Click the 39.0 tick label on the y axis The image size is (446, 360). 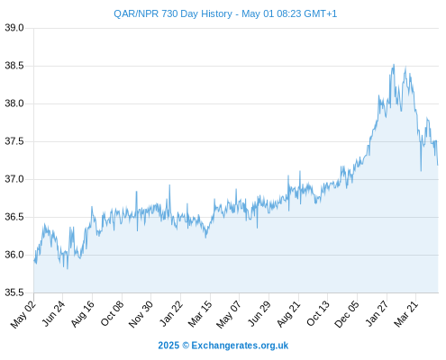(x=14, y=28)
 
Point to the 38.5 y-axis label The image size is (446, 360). (x=14, y=66)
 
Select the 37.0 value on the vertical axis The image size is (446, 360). (x=14, y=179)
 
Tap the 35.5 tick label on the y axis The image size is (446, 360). (x=14, y=292)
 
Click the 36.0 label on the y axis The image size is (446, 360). (x=14, y=255)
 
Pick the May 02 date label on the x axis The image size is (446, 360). (x=23, y=314)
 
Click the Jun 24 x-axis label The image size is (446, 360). (x=52, y=314)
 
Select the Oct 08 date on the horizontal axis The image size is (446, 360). (x=112, y=314)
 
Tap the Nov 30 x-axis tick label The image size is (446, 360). (x=141, y=314)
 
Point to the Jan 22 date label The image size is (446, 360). (x=170, y=314)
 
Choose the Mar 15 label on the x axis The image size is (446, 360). (x=200, y=314)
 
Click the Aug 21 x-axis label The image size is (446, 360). (x=288, y=314)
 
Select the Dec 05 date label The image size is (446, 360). (x=346, y=314)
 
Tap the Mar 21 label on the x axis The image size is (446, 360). (x=405, y=314)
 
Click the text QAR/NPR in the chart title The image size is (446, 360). (x=136, y=13)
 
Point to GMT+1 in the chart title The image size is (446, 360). (x=320, y=13)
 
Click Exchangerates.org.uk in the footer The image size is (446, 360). (x=240, y=346)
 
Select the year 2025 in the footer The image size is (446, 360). (x=168, y=346)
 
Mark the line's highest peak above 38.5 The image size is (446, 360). (x=394, y=64)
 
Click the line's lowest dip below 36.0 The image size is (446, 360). (x=68, y=268)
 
